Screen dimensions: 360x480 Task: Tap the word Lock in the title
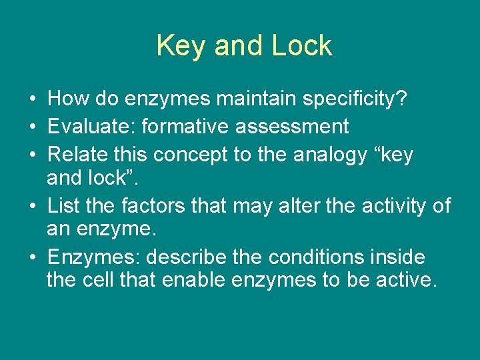[301, 46]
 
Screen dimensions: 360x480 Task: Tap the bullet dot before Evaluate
[33, 127]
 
